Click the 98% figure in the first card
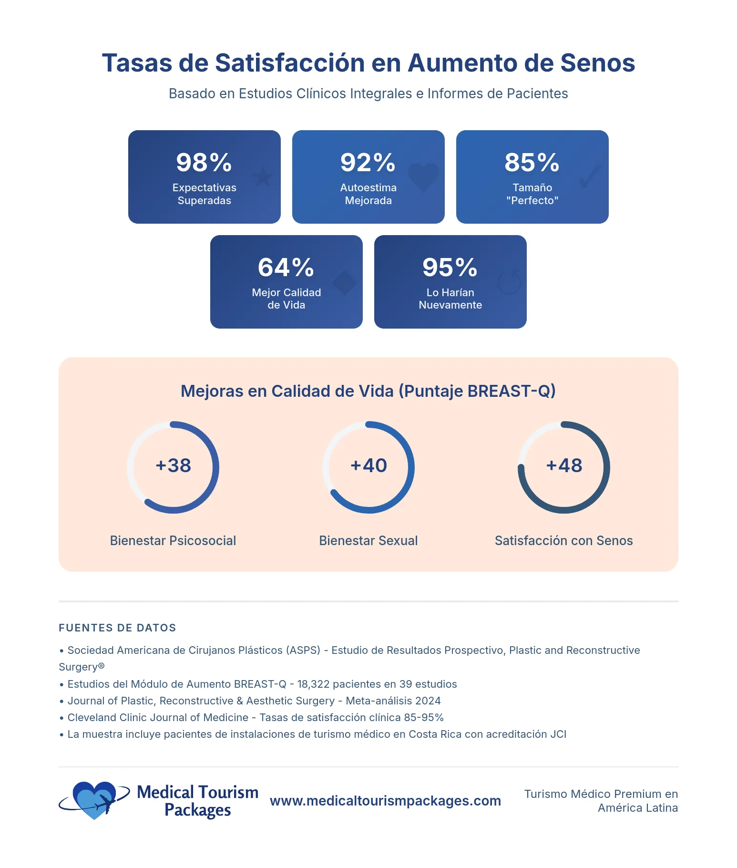pyautogui.click(x=204, y=163)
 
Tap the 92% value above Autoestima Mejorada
pyautogui.click(x=368, y=163)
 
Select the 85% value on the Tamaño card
pyautogui.click(x=532, y=163)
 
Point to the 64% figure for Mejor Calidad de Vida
pyautogui.click(x=286, y=268)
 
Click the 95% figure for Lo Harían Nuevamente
pyautogui.click(x=450, y=268)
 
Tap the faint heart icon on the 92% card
pyautogui.click(x=423, y=177)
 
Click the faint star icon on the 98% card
pyautogui.click(x=262, y=177)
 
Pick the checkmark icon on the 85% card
pyautogui.click(x=589, y=176)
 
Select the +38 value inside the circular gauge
pyautogui.click(x=173, y=466)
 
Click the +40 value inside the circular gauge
pyautogui.click(x=368, y=466)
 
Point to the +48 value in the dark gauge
pyautogui.click(x=564, y=466)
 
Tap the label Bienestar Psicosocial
pyautogui.click(x=173, y=541)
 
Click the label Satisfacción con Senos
pyautogui.click(x=563, y=541)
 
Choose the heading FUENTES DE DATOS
pyautogui.click(x=117, y=628)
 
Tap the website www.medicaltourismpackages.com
pyautogui.click(x=385, y=801)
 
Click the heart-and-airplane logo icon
pyautogui.click(x=95, y=800)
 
